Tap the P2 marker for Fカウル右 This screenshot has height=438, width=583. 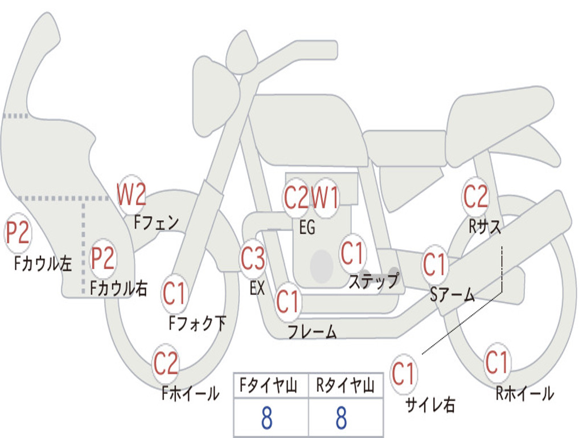[104, 258]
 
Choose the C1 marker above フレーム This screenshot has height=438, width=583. [288, 301]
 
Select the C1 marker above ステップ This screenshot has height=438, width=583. [352, 253]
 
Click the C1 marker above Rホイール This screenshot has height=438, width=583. [496, 362]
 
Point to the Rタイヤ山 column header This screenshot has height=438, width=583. [345, 387]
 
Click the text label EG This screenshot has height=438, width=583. [307, 228]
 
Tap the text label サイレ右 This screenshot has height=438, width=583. [430, 404]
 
